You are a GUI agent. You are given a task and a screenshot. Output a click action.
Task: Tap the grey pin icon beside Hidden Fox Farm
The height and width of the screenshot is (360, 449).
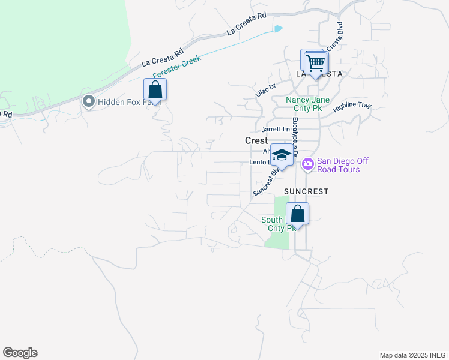pyautogui.click(x=89, y=102)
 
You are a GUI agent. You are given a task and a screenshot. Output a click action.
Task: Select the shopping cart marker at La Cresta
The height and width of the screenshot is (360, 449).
pyautogui.click(x=315, y=62)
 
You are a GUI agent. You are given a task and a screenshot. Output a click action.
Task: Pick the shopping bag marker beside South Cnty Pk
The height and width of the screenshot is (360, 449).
pyautogui.click(x=297, y=214)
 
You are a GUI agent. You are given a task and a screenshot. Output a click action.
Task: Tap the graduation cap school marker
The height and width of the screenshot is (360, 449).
pyautogui.click(x=281, y=155)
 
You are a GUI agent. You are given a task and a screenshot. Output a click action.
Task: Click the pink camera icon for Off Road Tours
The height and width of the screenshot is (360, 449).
pyautogui.click(x=308, y=164)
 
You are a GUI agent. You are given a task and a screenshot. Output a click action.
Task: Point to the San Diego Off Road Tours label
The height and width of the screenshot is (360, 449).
pyautogui.click(x=343, y=165)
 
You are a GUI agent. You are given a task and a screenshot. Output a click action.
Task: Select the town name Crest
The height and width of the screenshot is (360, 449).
pyautogui.click(x=256, y=140)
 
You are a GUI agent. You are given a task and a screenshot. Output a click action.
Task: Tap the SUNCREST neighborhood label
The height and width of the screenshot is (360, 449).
pyautogui.click(x=306, y=191)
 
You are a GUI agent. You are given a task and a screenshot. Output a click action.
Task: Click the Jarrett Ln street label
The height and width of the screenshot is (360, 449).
pyautogui.click(x=276, y=130)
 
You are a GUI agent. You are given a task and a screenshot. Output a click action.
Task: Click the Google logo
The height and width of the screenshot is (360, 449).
pyautogui.click(x=20, y=352)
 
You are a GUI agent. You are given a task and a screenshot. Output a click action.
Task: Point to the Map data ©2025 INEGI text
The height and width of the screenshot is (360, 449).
pyautogui.click(x=413, y=355)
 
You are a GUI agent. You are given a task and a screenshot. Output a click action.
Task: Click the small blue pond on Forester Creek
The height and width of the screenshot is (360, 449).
pyautogui.click(x=277, y=28)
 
